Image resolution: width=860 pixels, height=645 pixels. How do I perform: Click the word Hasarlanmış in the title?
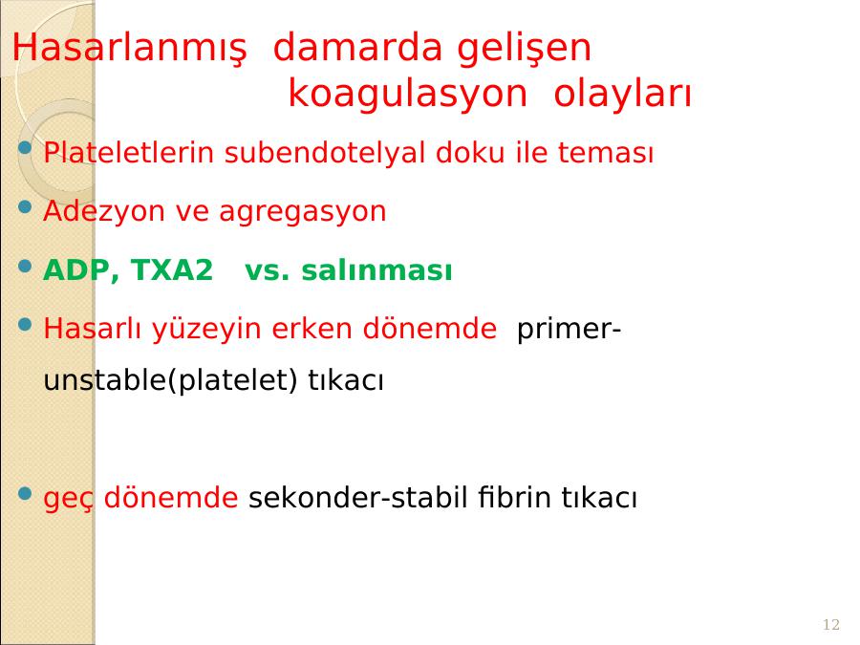(129, 49)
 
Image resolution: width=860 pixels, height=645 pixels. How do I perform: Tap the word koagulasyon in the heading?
(407, 94)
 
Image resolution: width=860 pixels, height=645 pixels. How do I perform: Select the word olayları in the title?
(622, 93)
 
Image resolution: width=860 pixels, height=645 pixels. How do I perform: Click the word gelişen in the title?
(524, 49)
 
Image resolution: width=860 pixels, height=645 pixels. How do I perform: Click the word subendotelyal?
(325, 152)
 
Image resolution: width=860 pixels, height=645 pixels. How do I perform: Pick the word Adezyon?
(103, 211)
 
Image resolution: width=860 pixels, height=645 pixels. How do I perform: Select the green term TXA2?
(172, 269)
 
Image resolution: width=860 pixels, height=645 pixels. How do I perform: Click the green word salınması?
(376, 269)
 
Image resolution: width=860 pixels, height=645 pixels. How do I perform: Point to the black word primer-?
(569, 329)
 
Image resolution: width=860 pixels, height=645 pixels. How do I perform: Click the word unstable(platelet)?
(170, 380)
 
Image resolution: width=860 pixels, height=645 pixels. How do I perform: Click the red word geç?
(69, 499)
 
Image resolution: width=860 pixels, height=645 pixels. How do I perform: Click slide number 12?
(831, 624)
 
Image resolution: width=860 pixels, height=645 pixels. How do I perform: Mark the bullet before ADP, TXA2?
(25, 266)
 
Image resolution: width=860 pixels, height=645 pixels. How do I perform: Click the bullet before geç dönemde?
(25, 493)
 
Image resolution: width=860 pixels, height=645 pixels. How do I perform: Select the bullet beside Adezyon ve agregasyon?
(25, 206)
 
